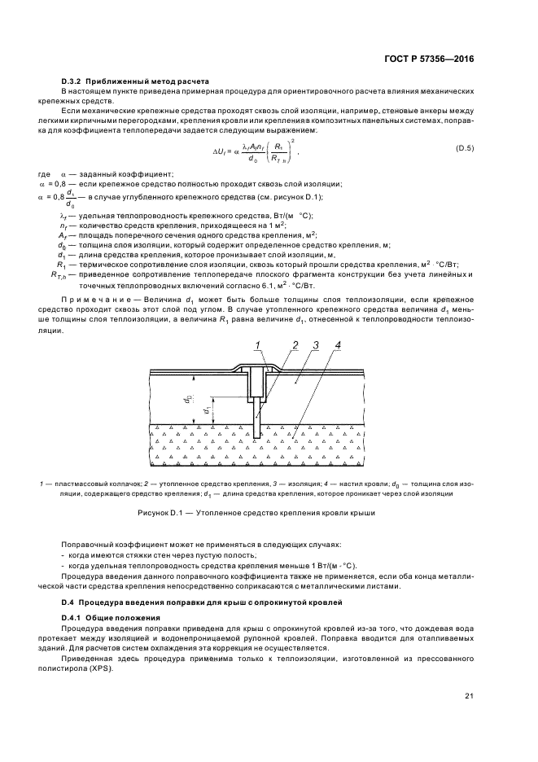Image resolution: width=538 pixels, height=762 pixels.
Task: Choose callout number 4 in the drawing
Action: coord(337,345)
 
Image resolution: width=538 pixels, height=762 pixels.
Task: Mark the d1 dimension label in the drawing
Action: coord(208,409)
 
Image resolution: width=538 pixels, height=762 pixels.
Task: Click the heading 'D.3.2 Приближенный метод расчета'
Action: coord(135,81)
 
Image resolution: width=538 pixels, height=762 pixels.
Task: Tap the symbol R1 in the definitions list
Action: coord(60,265)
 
